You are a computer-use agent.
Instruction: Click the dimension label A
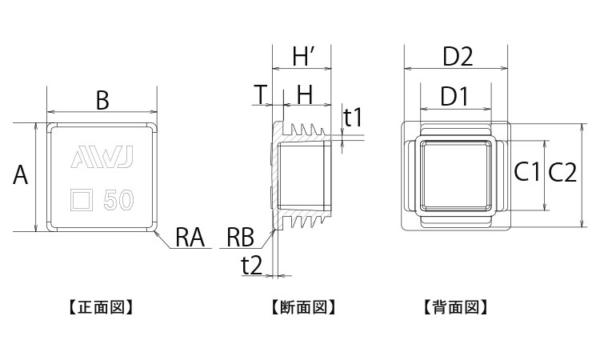21,175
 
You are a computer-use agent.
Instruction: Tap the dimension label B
102,100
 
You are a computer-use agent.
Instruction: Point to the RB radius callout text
239,237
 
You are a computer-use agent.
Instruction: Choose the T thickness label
261,94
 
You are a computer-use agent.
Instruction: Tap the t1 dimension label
353,118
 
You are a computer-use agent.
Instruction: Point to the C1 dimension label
527,172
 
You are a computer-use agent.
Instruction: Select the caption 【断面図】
302,306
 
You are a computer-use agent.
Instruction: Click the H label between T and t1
305,94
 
